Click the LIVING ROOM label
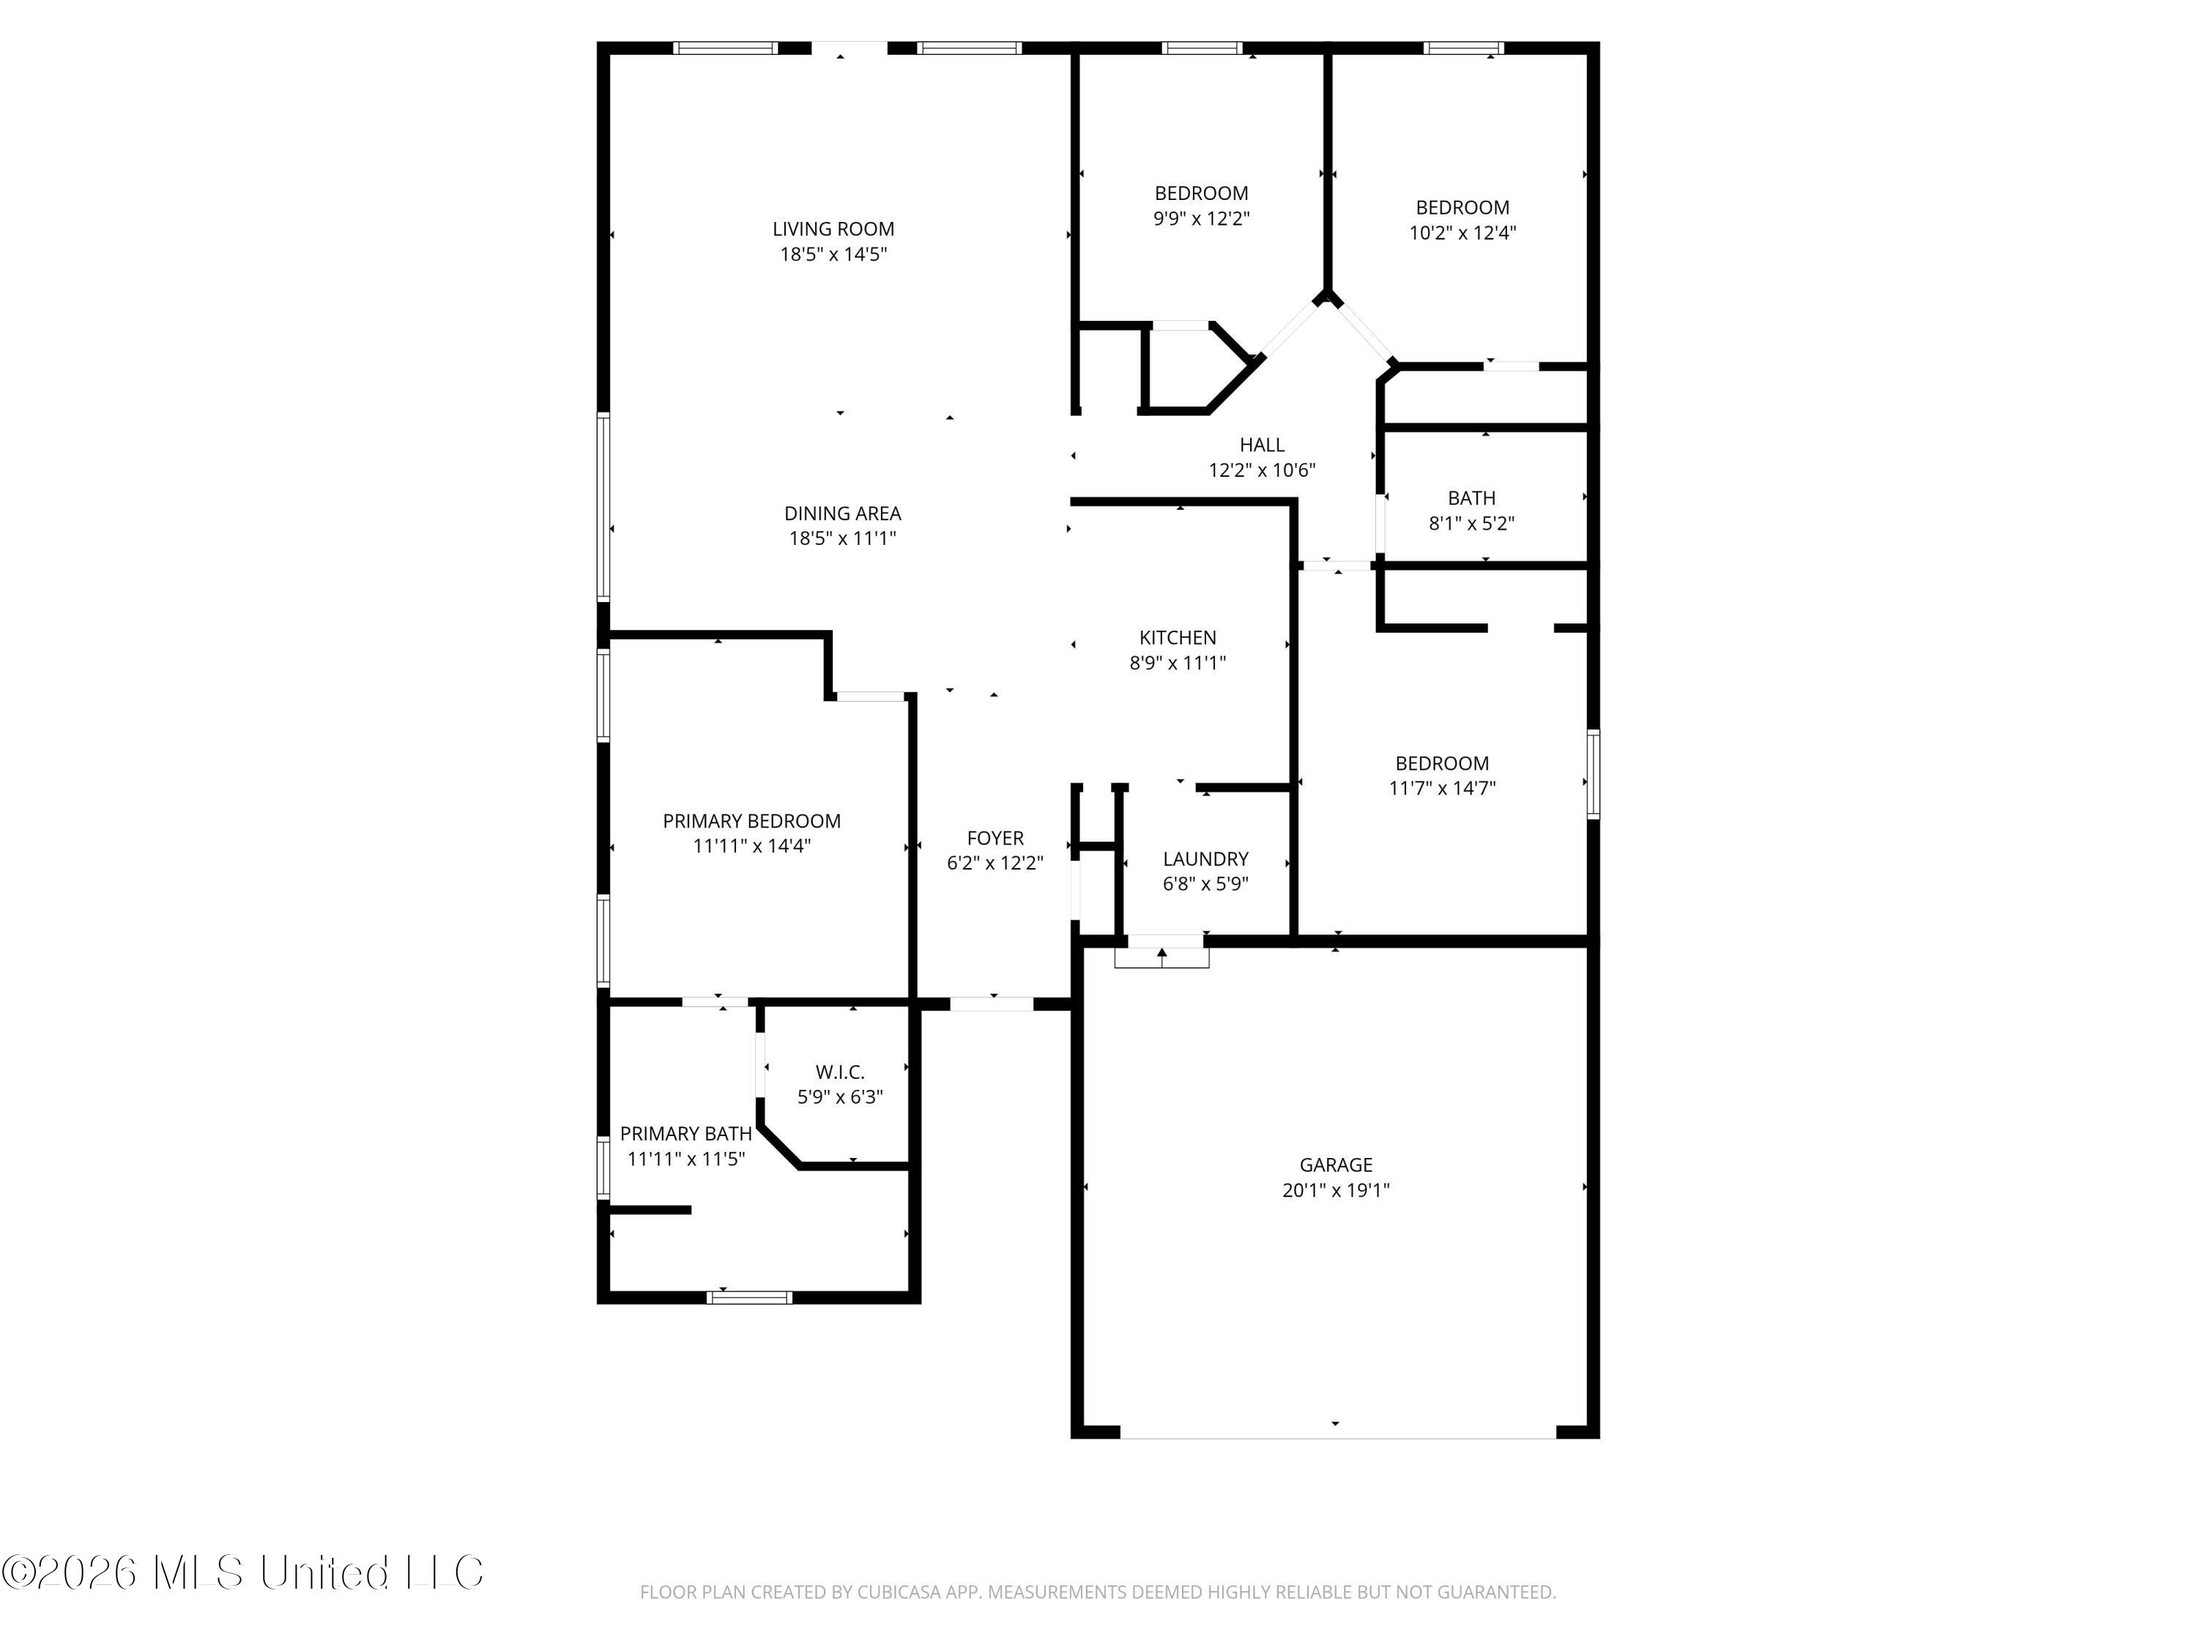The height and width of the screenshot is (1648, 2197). coord(833,229)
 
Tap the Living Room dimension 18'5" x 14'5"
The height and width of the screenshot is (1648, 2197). coord(833,254)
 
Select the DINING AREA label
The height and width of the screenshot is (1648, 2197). coord(842,513)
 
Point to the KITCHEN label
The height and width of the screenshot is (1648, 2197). coord(1177,638)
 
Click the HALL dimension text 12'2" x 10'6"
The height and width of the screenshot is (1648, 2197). coord(1261,471)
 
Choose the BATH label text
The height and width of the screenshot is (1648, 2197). coord(1471,497)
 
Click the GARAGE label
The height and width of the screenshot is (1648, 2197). coord(1336,1165)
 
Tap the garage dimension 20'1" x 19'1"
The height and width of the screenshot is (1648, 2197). coord(1336,1190)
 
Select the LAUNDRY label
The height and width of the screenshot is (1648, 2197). coord(1205,859)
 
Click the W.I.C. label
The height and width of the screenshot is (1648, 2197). coord(839,1072)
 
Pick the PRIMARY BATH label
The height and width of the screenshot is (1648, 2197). coord(685,1133)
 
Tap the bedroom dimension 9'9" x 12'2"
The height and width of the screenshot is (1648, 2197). coord(1201,218)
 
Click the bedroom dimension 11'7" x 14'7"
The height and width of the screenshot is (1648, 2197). coord(1441,789)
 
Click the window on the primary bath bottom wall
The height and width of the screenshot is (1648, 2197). coord(749,1297)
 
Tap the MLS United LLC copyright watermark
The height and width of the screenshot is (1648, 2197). coord(242,1573)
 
